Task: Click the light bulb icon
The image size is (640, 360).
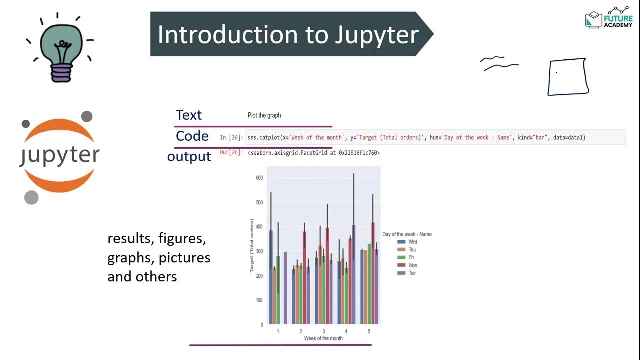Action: (x=60, y=50)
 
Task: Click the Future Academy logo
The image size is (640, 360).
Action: (x=608, y=18)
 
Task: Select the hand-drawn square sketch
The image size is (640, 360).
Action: (x=568, y=76)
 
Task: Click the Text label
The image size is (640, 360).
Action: (x=189, y=115)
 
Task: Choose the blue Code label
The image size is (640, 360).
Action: (x=192, y=136)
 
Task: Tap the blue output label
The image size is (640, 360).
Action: (x=189, y=157)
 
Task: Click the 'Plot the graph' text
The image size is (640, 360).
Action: (x=264, y=115)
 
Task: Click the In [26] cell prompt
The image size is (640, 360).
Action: (x=231, y=137)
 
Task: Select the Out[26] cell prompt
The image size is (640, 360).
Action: (x=231, y=152)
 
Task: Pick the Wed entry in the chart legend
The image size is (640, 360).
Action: (x=412, y=242)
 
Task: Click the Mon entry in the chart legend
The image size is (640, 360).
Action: (x=412, y=265)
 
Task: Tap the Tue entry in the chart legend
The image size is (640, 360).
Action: (x=412, y=273)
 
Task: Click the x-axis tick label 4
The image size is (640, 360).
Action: (x=346, y=331)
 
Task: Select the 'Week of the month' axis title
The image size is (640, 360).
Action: (x=323, y=338)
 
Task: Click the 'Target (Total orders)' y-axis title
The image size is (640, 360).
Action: (x=252, y=245)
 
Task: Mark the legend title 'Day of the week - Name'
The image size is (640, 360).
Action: (x=407, y=234)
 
